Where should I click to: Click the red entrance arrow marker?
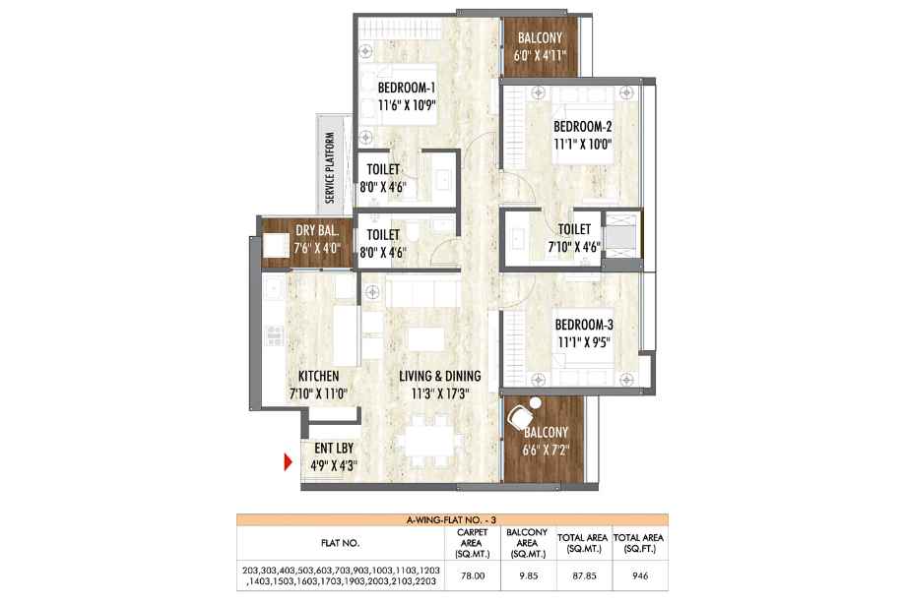[x=288, y=462]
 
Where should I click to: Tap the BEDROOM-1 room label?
[x=407, y=89]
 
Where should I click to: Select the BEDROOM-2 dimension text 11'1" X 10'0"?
[x=582, y=144]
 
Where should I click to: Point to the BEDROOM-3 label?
[x=584, y=325]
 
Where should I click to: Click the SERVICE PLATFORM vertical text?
[x=330, y=168]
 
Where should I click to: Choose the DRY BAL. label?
[x=317, y=231]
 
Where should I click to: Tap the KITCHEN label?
[x=319, y=376]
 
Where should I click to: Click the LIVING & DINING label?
[x=440, y=376]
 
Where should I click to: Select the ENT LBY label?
[x=334, y=449]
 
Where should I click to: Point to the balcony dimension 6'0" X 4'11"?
[x=540, y=55]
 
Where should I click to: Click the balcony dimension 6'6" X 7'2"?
[x=546, y=450]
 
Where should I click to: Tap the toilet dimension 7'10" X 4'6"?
[x=574, y=247]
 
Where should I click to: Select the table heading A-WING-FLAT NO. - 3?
[x=452, y=520]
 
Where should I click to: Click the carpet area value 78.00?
[x=472, y=575]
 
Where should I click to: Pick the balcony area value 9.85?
[x=528, y=575]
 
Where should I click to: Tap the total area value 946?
[x=640, y=575]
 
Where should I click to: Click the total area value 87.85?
[x=584, y=575]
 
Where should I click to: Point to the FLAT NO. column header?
[x=341, y=543]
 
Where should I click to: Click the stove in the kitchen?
[x=275, y=335]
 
